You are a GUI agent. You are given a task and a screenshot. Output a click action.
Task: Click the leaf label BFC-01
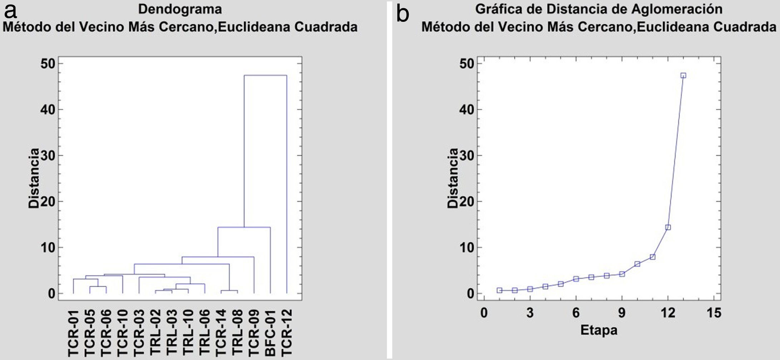(270, 332)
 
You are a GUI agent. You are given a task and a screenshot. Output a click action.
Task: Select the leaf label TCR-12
(287, 332)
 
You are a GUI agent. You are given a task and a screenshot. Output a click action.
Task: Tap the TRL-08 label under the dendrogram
(237, 332)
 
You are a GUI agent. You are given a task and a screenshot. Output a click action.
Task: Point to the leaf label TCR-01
(73, 332)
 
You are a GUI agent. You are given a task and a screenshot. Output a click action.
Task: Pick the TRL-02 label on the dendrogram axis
(155, 332)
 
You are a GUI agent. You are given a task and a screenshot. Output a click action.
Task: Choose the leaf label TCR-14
(221, 332)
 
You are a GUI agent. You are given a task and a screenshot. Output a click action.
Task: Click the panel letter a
(10, 12)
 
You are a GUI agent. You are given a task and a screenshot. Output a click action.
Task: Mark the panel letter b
(403, 14)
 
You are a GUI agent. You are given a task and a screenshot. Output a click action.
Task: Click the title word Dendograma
(180, 9)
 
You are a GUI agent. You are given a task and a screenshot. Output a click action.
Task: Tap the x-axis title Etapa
(599, 330)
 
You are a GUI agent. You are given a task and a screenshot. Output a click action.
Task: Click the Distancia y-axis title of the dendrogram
(34, 178)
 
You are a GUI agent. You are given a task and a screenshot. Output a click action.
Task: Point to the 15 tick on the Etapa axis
(714, 313)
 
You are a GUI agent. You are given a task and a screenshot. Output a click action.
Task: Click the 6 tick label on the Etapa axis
(576, 313)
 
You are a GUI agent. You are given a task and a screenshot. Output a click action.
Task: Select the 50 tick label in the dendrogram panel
(48, 64)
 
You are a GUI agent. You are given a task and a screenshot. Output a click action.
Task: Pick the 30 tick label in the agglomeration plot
(467, 156)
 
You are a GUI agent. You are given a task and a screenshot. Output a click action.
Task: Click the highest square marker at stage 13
(683, 75)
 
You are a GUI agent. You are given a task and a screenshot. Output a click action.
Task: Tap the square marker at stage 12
(668, 227)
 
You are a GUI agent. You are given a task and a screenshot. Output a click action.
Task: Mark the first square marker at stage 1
(499, 290)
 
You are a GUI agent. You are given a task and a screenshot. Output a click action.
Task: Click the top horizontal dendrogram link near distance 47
(265, 75)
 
